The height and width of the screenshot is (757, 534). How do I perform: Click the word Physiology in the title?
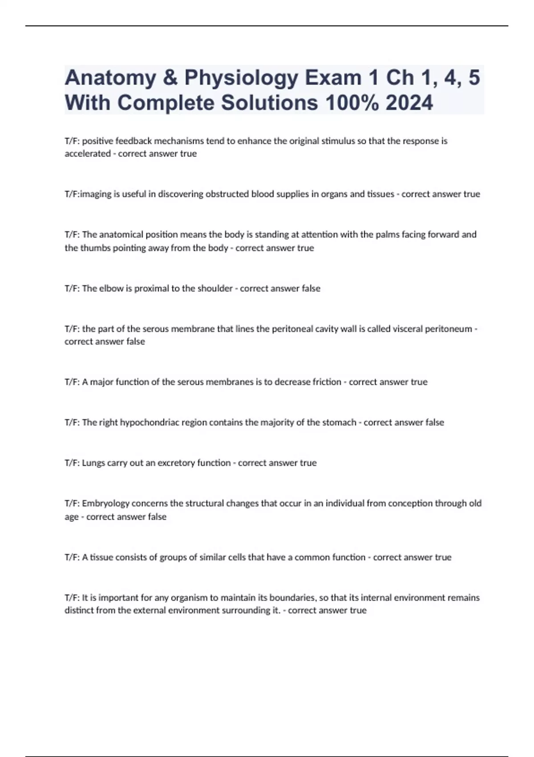pos(241,78)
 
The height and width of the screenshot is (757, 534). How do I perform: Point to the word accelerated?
pos(88,154)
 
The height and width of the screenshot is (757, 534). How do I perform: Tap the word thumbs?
pos(94,248)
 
